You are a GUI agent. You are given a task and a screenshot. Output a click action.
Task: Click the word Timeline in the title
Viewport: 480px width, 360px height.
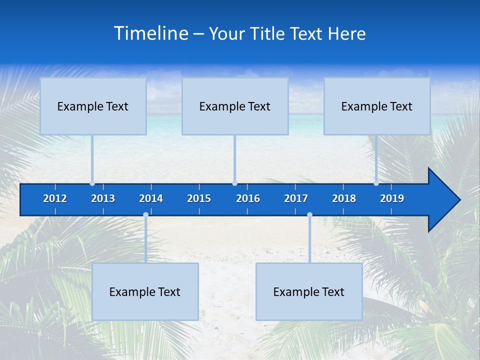coord(151,33)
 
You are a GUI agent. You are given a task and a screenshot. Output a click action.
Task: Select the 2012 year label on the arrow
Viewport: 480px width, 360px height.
coord(55,198)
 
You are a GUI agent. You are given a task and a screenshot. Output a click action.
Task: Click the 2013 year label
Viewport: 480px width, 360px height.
coord(103,198)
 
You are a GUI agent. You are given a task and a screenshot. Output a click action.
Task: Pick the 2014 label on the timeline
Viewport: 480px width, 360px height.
coord(151,198)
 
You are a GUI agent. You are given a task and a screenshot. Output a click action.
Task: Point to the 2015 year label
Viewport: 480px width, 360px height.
coord(199,198)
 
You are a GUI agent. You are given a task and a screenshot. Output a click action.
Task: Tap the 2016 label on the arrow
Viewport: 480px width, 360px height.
coord(248,198)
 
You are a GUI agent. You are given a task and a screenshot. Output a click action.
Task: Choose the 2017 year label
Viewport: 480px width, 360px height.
coord(296,198)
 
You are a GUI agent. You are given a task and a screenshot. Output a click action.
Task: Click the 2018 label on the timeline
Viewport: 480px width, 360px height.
coord(344,198)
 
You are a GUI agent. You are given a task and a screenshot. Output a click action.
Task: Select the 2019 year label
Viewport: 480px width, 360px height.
coord(392,198)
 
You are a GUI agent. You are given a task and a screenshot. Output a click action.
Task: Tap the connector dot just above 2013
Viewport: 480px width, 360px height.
coord(92,183)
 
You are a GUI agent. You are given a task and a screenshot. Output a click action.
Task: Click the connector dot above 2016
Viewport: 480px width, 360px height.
coord(234,183)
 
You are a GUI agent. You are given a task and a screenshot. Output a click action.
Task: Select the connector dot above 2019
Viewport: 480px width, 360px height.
coord(376,183)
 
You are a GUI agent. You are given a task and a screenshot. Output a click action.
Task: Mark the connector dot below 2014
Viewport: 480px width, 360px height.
coord(145,215)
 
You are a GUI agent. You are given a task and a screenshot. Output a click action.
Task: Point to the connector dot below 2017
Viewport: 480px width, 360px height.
coord(309,215)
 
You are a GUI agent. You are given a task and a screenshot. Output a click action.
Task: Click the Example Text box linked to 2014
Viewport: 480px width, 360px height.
coord(145,291)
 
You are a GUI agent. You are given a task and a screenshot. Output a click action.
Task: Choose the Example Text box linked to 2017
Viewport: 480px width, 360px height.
coord(309,291)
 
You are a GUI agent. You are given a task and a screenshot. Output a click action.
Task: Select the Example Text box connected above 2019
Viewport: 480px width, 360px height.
coord(377,106)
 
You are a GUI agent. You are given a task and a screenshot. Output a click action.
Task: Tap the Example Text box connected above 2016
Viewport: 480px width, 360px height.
coord(235,106)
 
